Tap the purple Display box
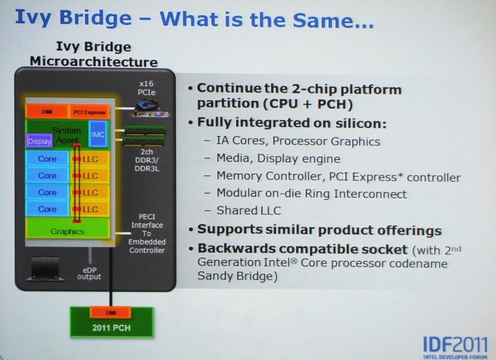[x=39, y=141]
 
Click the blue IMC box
[x=98, y=135]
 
